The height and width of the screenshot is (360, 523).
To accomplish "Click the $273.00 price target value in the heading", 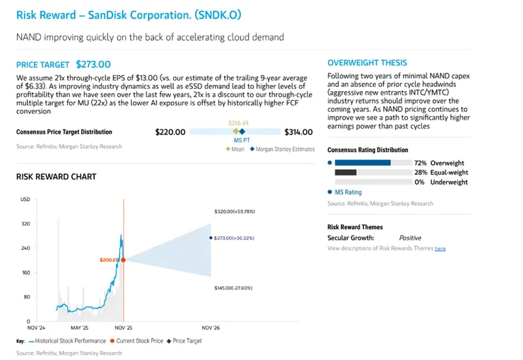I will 93,64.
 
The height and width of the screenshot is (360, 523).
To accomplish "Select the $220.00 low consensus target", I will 170,132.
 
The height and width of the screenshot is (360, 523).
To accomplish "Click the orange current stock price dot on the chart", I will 124,260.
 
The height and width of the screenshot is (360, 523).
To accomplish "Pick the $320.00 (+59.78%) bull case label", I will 235,211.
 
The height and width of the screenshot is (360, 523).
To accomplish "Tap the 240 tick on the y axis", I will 26,248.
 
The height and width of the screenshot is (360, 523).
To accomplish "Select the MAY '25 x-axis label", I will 80,328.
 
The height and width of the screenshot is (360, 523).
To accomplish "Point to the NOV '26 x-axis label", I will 211,328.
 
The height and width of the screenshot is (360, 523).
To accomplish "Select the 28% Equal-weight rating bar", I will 346,173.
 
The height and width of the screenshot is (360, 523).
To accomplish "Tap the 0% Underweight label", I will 441,182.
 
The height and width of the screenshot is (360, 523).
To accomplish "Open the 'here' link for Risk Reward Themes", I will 440,249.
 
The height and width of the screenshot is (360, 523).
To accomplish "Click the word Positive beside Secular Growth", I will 410,238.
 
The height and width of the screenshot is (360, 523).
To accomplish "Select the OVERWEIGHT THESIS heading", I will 368,63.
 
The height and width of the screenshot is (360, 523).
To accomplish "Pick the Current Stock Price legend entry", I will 139,341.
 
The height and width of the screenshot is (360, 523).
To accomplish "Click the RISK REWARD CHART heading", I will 56,176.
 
